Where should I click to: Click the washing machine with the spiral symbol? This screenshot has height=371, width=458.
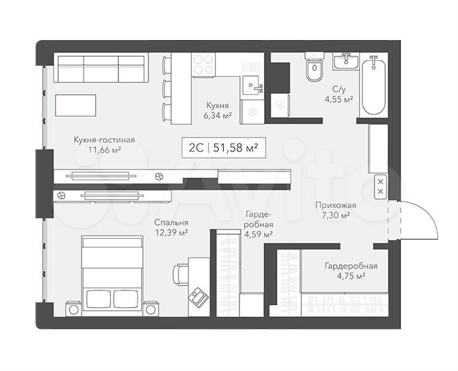coord(280,105)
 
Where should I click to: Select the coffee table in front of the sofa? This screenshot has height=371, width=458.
coord(76,105)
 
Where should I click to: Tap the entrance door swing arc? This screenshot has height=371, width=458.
coord(423,215)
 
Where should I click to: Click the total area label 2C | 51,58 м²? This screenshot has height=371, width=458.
coord(224,147)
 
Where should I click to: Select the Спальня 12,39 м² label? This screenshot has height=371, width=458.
coord(171,228)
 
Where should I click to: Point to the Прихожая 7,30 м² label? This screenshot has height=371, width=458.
coord(336,210)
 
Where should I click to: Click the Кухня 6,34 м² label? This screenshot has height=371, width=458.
coord(217,110)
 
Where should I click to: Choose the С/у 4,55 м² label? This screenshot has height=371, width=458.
coord(339,94)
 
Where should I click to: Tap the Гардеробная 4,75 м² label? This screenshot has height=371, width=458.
coord(351,271)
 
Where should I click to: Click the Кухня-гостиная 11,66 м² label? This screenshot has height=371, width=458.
coord(104,145)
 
